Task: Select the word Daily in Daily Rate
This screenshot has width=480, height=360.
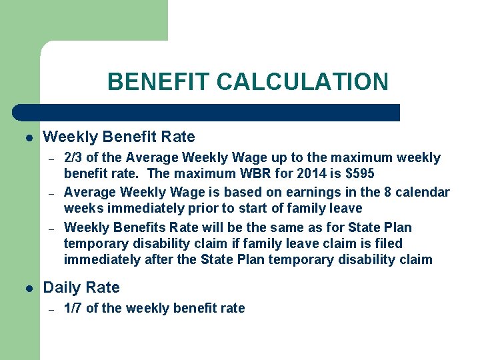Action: point(62,288)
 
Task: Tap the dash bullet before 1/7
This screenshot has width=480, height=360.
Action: point(51,308)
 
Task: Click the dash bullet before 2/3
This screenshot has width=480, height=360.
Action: point(51,158)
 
